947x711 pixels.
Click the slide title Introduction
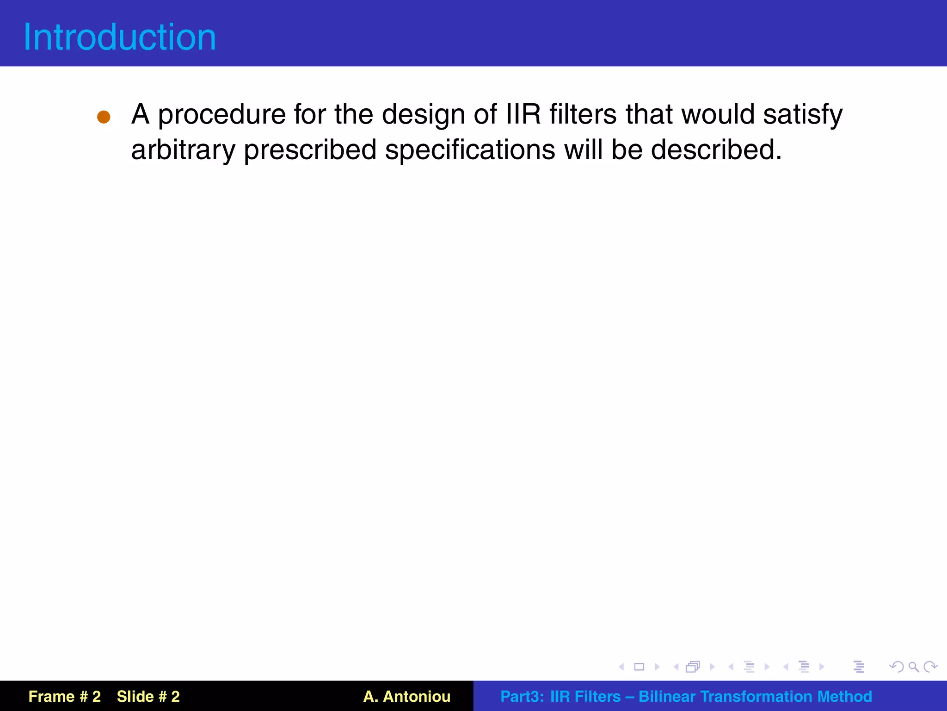pos(120,37)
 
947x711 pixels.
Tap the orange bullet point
pos(104,117)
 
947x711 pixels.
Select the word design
pos(423,115)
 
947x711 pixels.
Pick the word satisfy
pos(803,115)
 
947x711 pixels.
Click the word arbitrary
pos(183,150)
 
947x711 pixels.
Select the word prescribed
pos(310,150)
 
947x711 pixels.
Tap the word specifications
pos(470,150)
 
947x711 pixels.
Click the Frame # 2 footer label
pos(64,696)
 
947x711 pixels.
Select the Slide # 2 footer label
pos(148,696)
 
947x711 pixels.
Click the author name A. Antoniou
pos(406,696)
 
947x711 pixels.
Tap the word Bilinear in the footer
pos(666,696)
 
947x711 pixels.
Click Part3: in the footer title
pos(522,696)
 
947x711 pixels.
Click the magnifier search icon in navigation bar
pos(913,667)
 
